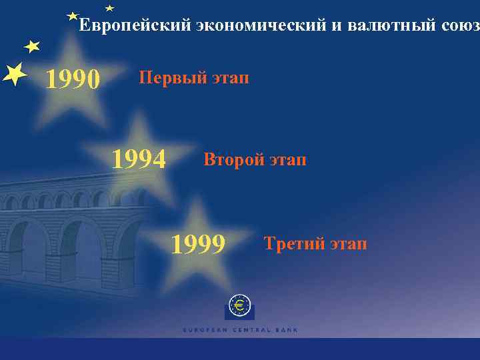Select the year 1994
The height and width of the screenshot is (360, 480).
point(139,160)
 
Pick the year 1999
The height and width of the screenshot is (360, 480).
point(199,245)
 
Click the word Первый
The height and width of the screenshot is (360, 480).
point(164,78)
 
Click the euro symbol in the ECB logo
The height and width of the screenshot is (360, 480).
point(239,306)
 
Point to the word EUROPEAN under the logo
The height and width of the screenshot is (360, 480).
point(204,330)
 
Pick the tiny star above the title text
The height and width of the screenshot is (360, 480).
point(109,8)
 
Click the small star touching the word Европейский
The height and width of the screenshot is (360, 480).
point(73,16)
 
